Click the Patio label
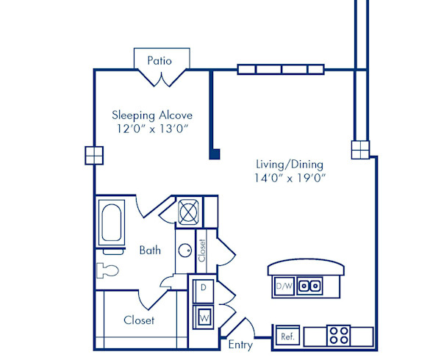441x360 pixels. tap(159, 60)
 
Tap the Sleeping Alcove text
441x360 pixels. tap(152, 115)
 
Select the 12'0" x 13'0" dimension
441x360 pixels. tap(152, 129)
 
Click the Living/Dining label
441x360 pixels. tap(290, 164)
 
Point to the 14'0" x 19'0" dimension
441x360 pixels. tap(290, 178)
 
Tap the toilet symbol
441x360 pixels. tap(107, 270)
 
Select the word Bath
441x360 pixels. tap(150, 251)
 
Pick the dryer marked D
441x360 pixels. tap(202, 288)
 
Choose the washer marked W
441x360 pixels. tap(202, 317)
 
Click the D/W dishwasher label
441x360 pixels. tap(284, 285)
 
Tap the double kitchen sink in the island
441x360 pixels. tap(309, 285)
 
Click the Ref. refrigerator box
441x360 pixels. tap(287, 336)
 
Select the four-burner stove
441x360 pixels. tap(339, 336)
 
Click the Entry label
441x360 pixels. tap(240, 345)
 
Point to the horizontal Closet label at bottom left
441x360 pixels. tap(139, 320)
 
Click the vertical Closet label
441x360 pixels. tap(202, 251)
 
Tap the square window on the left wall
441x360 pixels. tap(93, 155)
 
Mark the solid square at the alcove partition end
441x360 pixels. tap(215, 154)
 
